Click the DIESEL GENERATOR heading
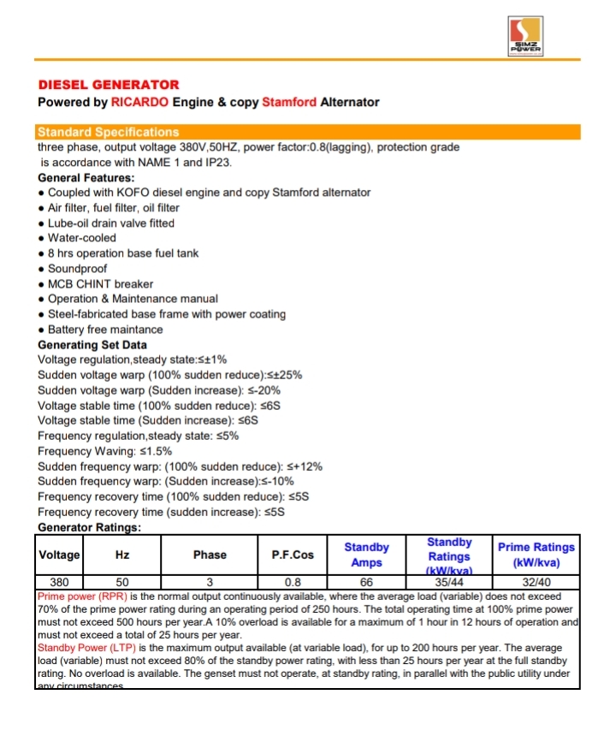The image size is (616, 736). point(109,85)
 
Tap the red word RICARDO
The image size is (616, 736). point(140,103)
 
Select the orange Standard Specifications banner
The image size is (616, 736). point(308,133)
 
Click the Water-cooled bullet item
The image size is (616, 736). point(81,238)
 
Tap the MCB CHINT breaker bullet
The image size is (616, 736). point(100,284)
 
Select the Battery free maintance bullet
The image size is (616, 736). point(104,329)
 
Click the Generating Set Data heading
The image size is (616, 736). point(92,345)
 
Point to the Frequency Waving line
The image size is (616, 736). point(105,451)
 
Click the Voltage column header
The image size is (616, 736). point(59,555)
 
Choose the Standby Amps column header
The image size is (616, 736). point(366,555)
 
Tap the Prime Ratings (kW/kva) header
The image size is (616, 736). point(536,555)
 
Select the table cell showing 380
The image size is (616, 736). point(59,582)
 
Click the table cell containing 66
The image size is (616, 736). point(366,582)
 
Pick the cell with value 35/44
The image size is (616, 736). point(448,582)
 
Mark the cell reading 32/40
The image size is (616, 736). point(536,582)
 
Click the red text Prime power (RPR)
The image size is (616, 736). point(82,595)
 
